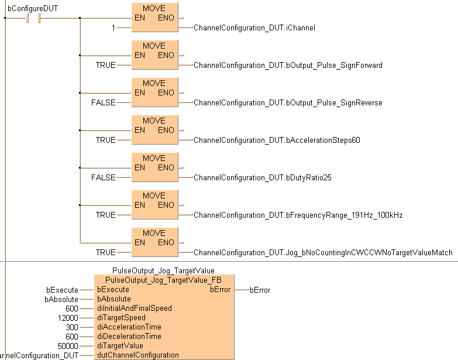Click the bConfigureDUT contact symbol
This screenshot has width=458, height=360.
pyautogui.click(x=32, y=18)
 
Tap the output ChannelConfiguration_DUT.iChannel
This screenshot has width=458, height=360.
pyautogui.click(x=254, y=28)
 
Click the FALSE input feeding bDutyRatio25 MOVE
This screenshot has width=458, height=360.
pyautogui.click(x=103, y=177)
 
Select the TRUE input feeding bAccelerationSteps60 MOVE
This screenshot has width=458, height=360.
pyautogui.click(x=105, y=140)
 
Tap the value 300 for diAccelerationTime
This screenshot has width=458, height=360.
pyautogui.click(x=72, y=327)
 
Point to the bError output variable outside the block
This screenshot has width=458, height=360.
pyautogui.click(x=260, y=290)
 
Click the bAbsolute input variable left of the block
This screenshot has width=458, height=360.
pyautogui.click(x=61, y=299)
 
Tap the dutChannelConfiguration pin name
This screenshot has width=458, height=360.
pyautogui.click(x=137, y=355)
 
